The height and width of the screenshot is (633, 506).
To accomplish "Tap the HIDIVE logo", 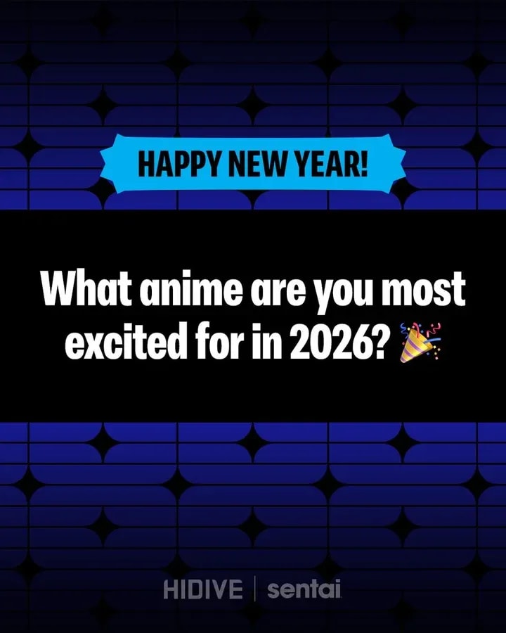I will pyautogui.click(x=203, y=589).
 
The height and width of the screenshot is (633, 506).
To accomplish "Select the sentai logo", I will pyautogui.click(x=304, y=589).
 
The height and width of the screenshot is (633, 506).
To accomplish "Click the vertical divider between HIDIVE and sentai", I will pyautogui.click(x=255, y=589).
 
